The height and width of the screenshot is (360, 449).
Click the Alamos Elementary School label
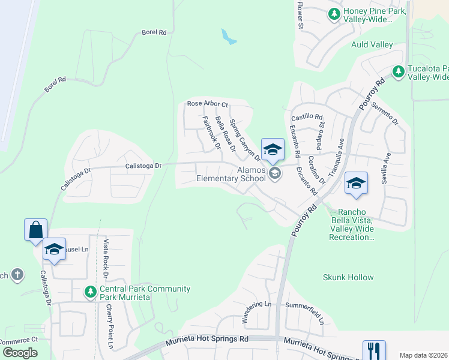click(231, 174)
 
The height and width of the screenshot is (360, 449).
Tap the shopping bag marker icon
click(35, 230)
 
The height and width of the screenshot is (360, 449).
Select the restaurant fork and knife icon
click(374, 350)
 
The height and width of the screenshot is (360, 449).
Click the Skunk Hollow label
click(348, 278)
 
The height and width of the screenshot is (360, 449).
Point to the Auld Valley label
click(372, 45)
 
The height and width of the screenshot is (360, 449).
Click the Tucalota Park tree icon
click(398, 71)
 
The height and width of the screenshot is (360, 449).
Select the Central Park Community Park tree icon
click(91, 292)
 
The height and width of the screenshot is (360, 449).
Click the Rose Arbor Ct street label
click(208, 104)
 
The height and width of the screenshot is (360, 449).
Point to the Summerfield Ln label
click(306, 313)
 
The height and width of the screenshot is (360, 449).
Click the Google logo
click(20, 353)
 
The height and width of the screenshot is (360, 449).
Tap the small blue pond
click(228, 37)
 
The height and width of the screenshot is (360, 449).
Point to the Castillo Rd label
click(307, 117)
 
